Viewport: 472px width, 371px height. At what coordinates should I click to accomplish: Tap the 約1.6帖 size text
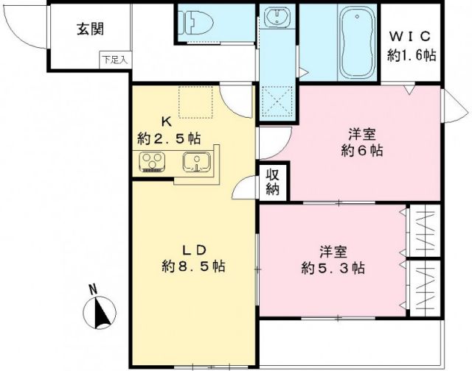click(x=414, y=54)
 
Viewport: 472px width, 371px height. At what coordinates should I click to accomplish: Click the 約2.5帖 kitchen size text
click(x=168, y=138)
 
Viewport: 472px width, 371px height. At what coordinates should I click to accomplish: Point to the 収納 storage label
click(x=273, y=183)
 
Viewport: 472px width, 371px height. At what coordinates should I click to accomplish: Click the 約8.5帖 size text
click(x=193, y=266)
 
